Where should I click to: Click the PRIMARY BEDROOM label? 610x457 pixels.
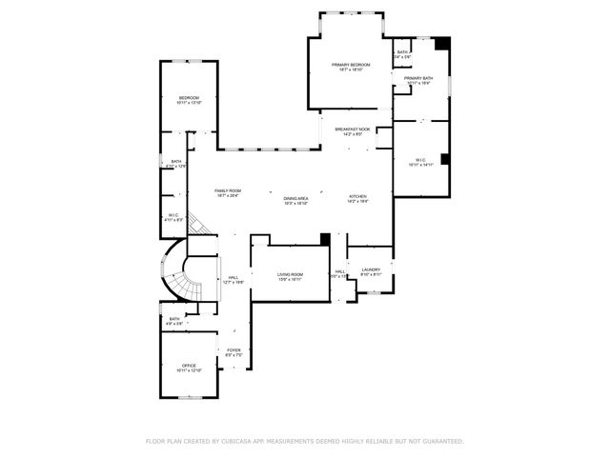pos(350,65)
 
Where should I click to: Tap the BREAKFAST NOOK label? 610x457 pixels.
pos(352,129)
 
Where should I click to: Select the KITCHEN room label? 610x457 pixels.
pos(357,196)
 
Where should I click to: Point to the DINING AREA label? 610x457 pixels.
pos(295,198)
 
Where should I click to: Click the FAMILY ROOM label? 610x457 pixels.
pos(228,191)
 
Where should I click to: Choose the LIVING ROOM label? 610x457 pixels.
pos(290,274)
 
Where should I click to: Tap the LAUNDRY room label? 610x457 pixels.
pos(371,269)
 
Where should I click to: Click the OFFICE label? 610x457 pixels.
pos(189,366)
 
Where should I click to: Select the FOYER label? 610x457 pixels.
pos(234,350)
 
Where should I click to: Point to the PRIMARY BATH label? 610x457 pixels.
pos(418,78)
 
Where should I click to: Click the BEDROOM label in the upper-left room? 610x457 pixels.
pos(189,98)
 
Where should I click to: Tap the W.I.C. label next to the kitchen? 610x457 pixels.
pos(420,160)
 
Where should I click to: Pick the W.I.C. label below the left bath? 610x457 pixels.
pos(173,215)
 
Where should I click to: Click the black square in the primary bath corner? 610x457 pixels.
pos(441,44)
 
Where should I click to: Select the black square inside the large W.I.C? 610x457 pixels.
pos(445,159)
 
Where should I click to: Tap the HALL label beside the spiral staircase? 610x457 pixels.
pos(234,278)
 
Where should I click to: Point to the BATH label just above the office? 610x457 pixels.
pos(174,319)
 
